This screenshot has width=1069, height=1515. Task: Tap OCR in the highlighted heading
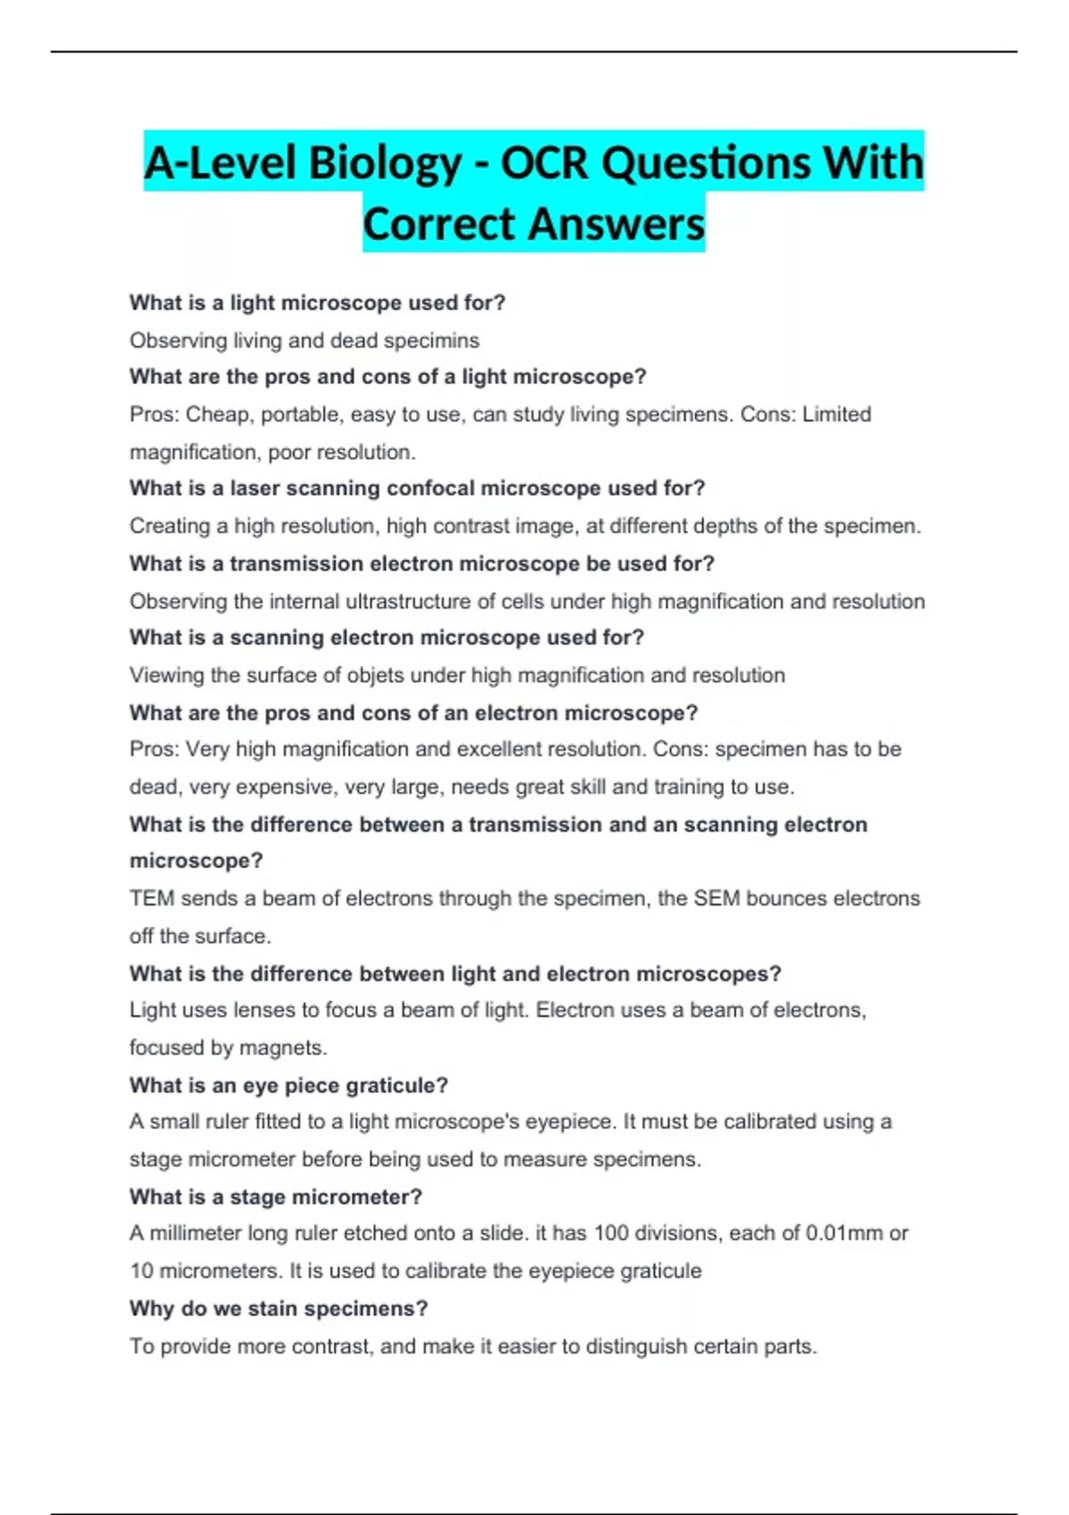(x=545, y=163)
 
